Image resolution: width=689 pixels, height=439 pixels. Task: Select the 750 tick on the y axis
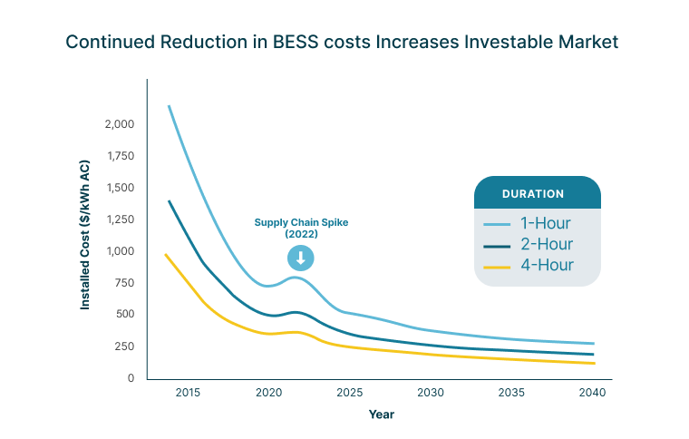(x=123, y=283)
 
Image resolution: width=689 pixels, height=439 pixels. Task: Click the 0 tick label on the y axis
(x=131, y=378)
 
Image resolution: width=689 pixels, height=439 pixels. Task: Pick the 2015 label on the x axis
(x=188, y=393)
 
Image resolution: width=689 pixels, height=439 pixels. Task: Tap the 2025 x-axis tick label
(x=349, y=393)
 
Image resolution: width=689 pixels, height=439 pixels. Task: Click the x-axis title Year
(x=381, y=415)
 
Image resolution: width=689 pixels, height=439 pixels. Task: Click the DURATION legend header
(x=533, y=193)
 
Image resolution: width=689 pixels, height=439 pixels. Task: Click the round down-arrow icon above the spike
(x=300, y=259)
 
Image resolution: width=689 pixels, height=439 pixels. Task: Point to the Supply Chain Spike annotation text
(x=300, y=228)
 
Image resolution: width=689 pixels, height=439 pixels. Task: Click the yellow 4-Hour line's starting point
(x=165, y=255)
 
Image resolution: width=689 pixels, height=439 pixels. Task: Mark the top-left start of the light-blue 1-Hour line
(x=169, y=106)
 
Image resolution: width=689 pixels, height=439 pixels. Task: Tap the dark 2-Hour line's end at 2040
(x=594, y=355)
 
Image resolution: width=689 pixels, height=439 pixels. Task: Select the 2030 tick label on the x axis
(x=430, y=393)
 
